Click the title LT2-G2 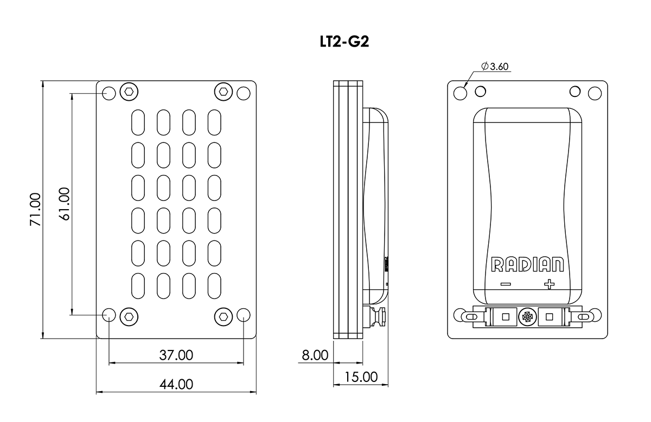tap(344, 43)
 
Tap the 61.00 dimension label tap(65, 203)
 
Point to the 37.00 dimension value tap(176, 355)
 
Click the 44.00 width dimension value tap(176, 384)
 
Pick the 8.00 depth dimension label tap(315, 355)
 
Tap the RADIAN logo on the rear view tap(527, 264)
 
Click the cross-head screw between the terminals tap(527, 317)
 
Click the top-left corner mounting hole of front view tap(109, 93)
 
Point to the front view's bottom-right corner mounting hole tap(244, 315)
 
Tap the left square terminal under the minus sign tap(506, 317)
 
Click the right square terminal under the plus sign tap(548, 317)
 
